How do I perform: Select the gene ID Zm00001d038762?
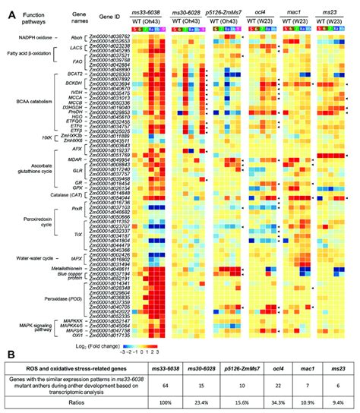point(109,36)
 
